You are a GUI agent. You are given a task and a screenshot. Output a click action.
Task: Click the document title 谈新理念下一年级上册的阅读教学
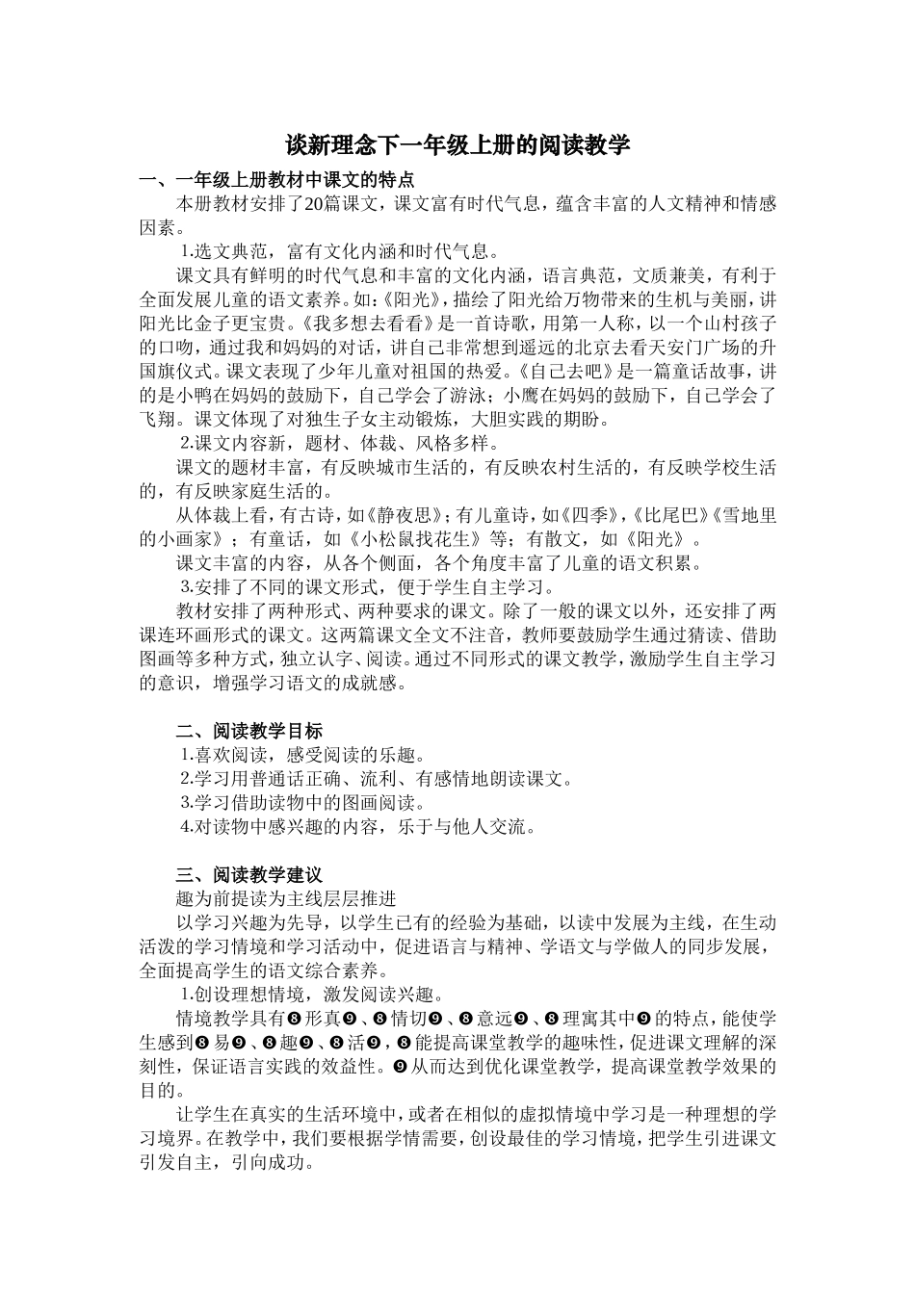457,145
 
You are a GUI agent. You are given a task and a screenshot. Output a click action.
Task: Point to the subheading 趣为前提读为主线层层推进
286,899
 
